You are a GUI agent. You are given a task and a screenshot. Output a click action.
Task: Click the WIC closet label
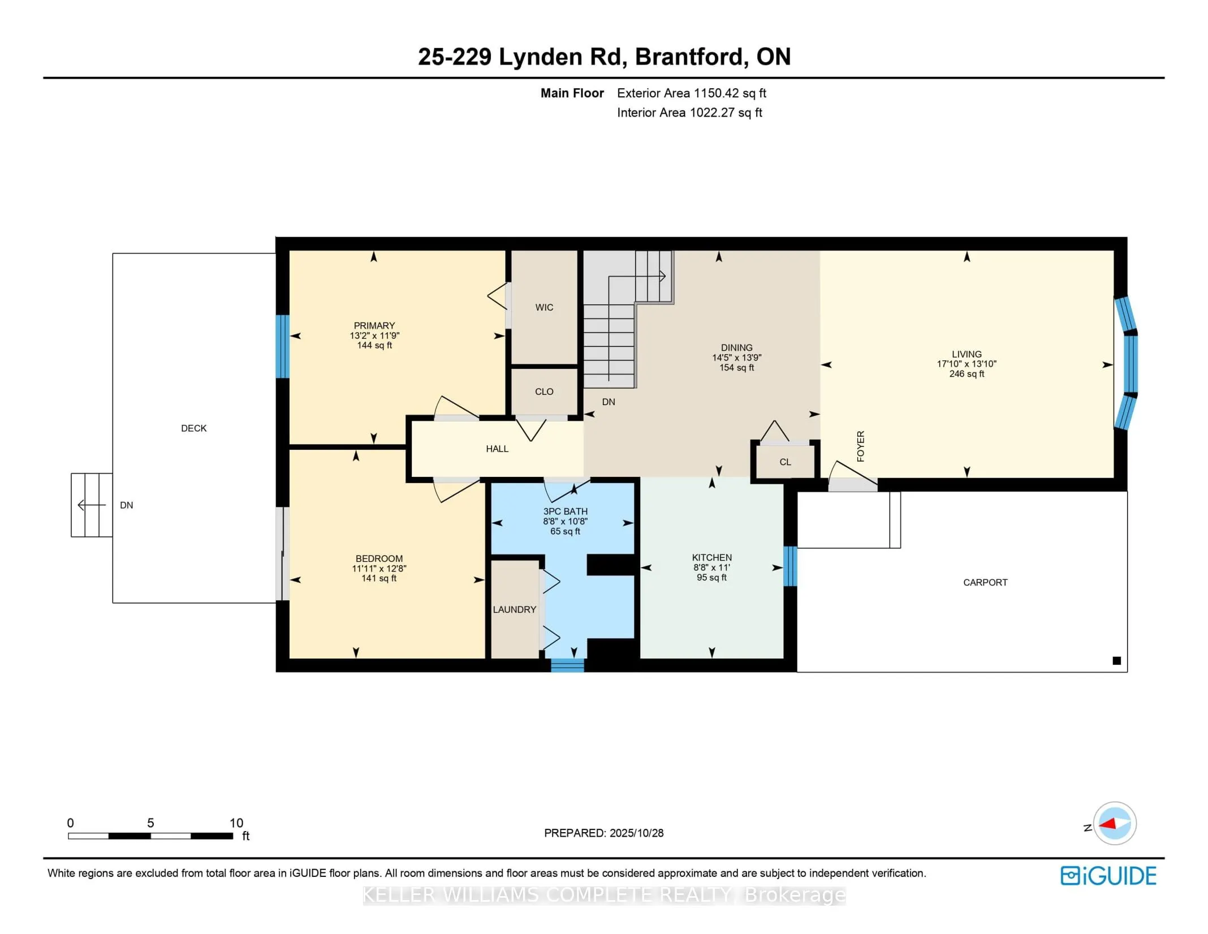544,307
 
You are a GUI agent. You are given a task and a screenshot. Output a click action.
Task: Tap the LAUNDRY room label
514,609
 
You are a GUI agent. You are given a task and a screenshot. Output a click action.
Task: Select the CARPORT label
985,582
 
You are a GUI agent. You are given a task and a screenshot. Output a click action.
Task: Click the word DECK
193,428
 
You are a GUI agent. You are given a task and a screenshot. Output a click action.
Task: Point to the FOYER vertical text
860,446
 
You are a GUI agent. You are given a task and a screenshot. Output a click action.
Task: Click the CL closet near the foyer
785,462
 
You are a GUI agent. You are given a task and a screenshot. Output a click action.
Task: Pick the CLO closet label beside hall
544,391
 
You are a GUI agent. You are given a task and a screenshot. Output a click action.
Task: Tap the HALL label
497,449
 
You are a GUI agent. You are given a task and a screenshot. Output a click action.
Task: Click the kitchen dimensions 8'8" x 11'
711,567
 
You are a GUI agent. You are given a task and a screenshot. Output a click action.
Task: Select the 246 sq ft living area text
967,374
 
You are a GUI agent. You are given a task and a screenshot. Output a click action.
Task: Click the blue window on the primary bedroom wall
282,346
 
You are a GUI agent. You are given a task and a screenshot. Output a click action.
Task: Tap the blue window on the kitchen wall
790,566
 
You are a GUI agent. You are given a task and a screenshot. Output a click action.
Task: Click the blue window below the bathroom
567,665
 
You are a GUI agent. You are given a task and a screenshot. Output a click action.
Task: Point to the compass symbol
1114,823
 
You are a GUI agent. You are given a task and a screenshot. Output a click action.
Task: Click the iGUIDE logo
1108,876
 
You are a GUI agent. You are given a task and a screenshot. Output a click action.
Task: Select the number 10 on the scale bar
236,823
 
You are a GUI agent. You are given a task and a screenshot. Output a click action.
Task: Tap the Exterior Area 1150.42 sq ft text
691,93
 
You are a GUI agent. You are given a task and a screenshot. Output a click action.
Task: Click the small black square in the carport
1116,660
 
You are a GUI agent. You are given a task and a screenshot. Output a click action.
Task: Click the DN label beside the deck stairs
126,505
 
